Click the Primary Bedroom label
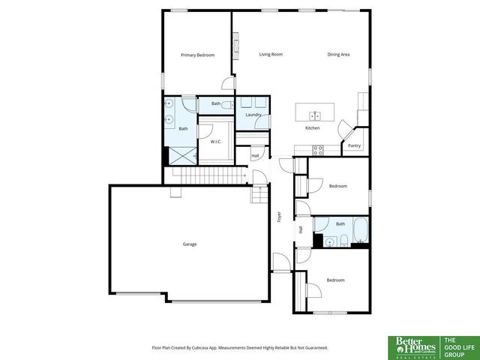[197, 55]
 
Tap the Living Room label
[271, 55]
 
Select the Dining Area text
[338, 55]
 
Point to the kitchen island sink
[316, 115]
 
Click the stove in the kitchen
[318, 148]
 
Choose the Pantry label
[354, 145]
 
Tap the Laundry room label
[253, 115]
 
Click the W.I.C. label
[215, 141]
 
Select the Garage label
[190, 244]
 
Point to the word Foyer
[279, 217]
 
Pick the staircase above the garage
[210, 175]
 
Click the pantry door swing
[345, 129]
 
